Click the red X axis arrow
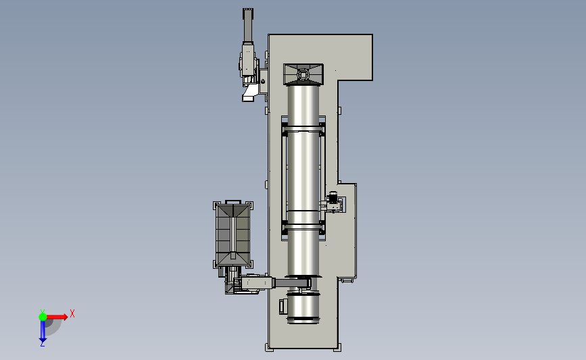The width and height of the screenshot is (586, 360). [57, 317]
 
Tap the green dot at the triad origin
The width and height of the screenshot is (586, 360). [43, 317]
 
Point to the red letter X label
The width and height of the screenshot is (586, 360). [72, 313]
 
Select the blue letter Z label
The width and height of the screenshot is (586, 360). [42, 344]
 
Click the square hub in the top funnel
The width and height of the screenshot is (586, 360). [303, 75]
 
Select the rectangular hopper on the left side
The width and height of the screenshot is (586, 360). [233, 234]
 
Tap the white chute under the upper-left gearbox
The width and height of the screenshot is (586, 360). [249, 93]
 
